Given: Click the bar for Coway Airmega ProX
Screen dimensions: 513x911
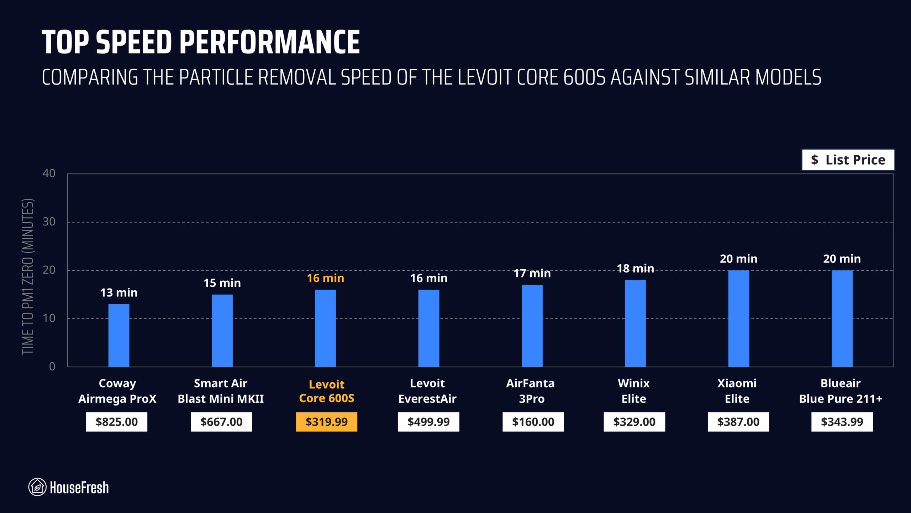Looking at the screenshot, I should point(119,335).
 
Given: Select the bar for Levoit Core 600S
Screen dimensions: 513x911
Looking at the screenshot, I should point(325,328).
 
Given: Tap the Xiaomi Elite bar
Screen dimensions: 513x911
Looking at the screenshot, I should point(738,318).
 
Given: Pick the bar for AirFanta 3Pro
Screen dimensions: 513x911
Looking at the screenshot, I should point(532,326).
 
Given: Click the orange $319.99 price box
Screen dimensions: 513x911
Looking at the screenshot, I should point(326,422).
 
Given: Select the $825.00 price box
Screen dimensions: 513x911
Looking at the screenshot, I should point(116,422).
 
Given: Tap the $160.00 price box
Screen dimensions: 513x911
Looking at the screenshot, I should point(533,422).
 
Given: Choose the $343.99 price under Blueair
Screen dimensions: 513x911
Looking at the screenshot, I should point(842,422).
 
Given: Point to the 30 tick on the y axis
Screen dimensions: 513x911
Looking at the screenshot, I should point(49,222).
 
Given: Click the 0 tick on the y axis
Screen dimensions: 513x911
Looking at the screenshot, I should point(52,366).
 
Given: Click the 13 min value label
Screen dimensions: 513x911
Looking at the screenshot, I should point(119,292).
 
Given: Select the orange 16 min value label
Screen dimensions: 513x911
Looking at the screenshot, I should point(325,278).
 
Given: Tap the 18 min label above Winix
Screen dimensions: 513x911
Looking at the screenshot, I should point(635,268).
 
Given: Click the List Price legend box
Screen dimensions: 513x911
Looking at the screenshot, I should point(848,160).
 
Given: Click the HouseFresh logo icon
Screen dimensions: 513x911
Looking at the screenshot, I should point(37,487).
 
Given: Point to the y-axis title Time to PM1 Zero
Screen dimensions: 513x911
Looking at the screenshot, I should point(28,276).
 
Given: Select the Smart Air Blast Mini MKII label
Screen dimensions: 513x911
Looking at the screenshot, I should point(221,391).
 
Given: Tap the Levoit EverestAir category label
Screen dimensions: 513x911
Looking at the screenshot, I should point(427,391).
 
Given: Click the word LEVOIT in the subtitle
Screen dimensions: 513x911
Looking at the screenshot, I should point(485,77).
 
